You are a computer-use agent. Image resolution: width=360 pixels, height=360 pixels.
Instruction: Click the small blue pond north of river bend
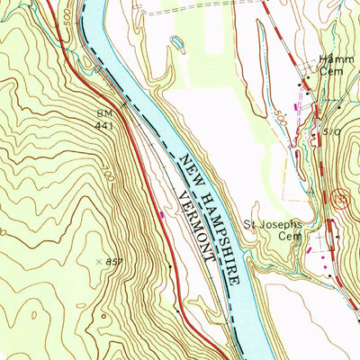(x=177, y=41)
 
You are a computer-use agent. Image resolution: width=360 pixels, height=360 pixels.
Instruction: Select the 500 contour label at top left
(x=72, y=40)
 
